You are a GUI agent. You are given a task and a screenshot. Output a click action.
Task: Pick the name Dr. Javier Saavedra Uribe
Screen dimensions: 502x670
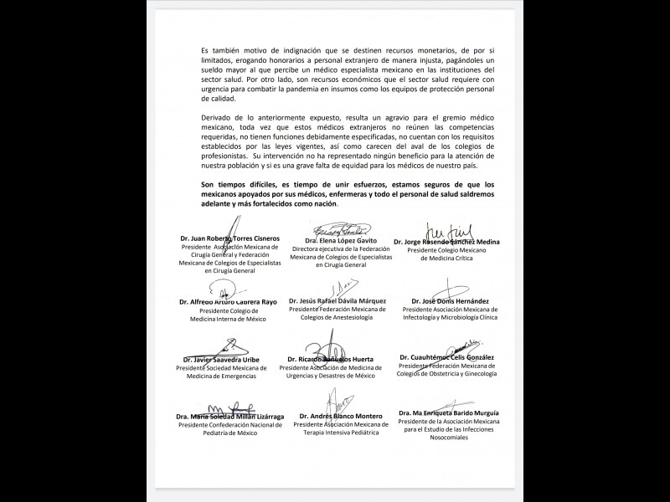(220, 360)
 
